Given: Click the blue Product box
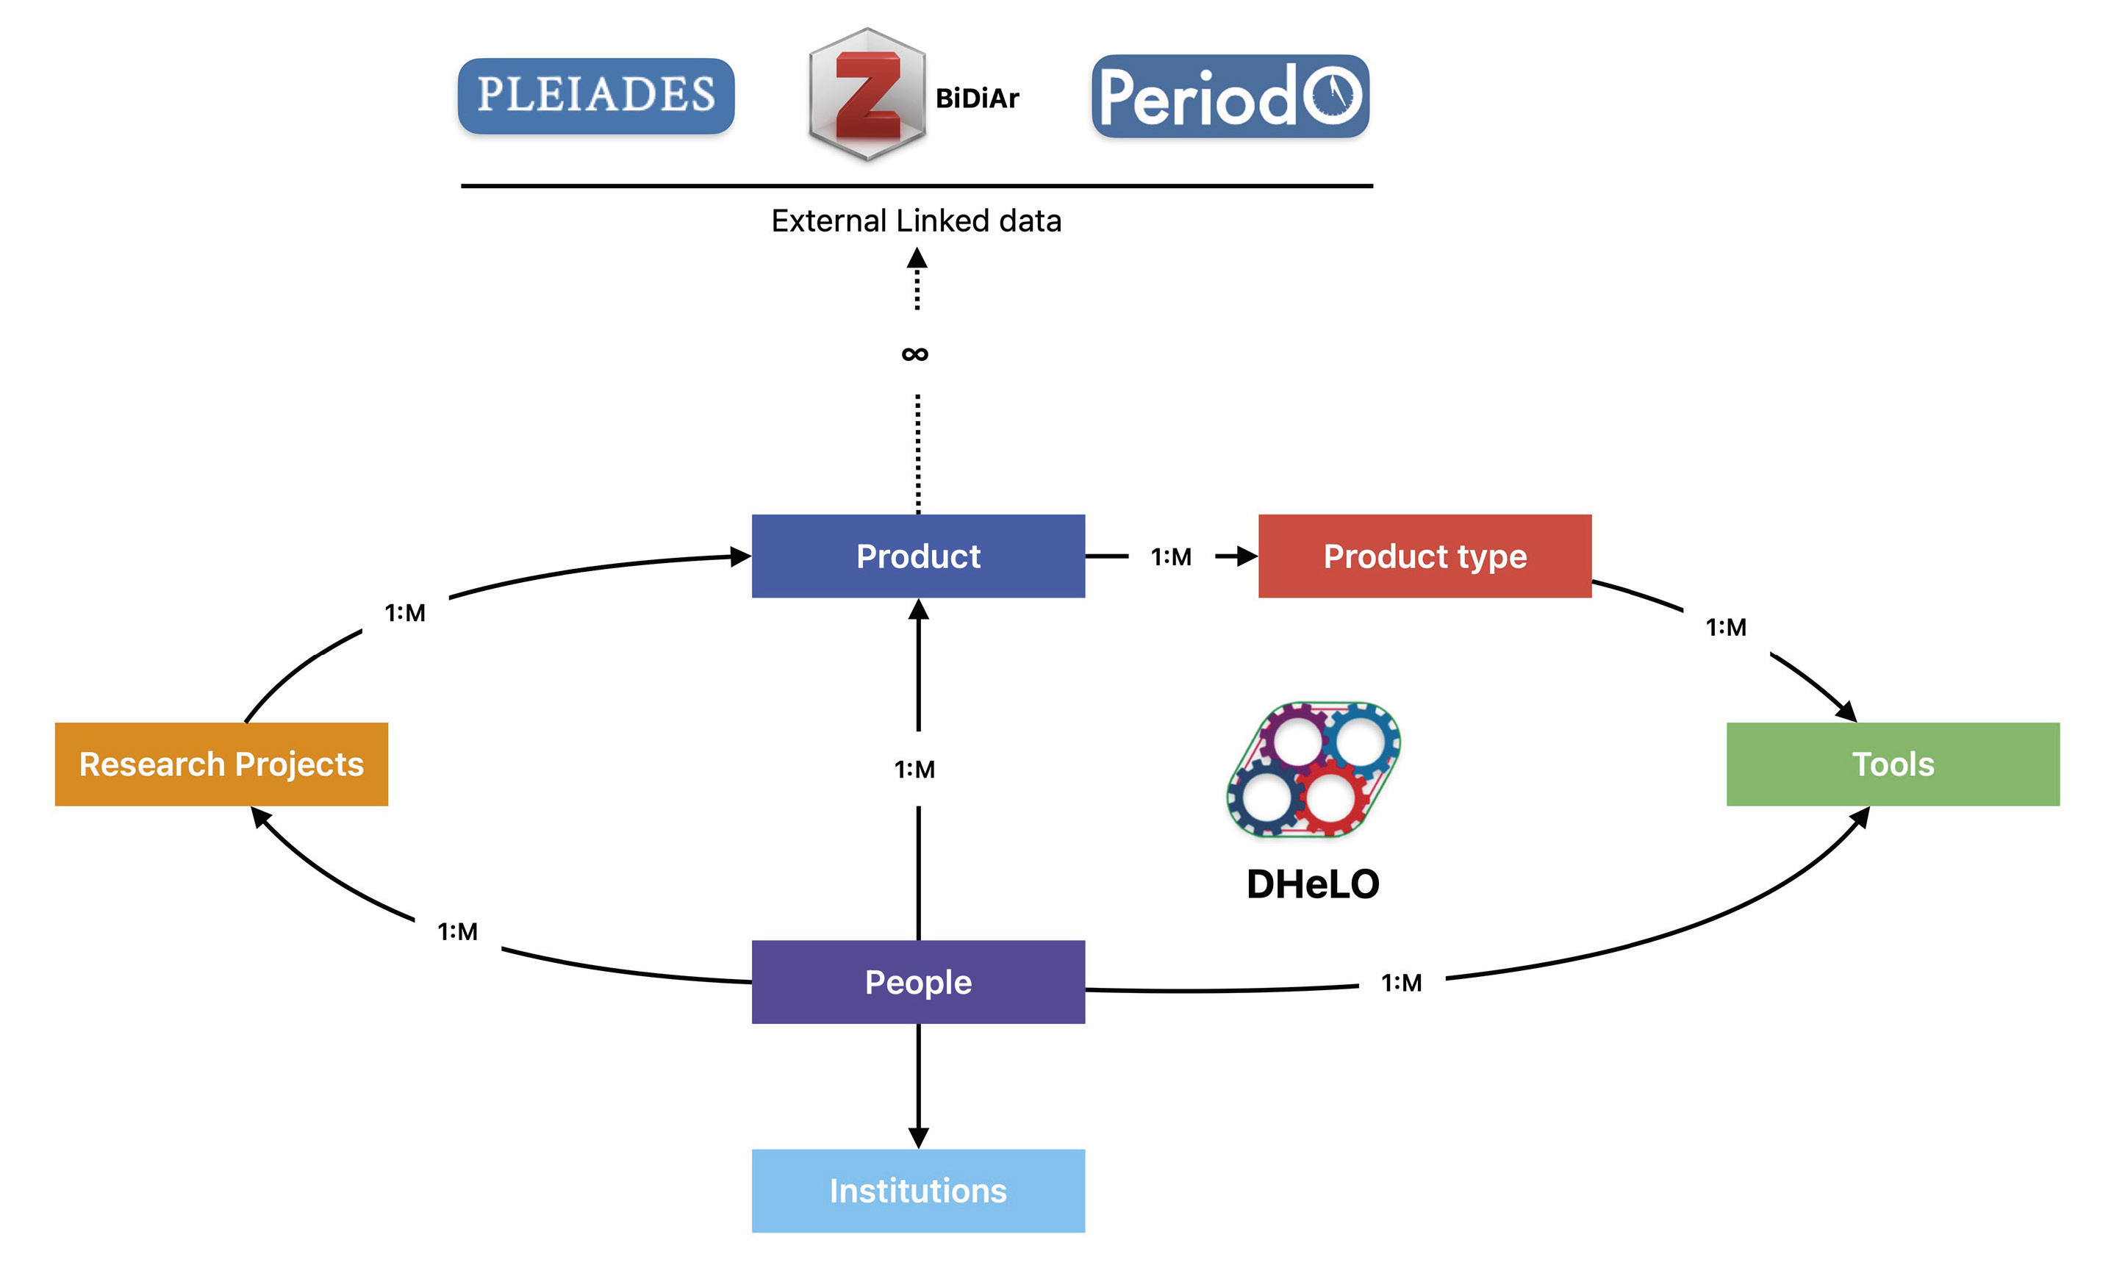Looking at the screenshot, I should point(918,556).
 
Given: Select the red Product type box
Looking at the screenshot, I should point(1425,556).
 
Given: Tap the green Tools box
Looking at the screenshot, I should point(1892,764).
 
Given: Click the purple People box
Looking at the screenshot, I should point(918,982).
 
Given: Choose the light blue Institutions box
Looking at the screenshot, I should point(918,1190).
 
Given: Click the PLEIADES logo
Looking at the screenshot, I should point(596,96).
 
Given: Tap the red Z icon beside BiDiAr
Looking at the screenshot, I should point(867,94).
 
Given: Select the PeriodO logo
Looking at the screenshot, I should point(1230,96).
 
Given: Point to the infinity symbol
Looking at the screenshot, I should point(914,354).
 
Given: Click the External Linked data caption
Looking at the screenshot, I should point(917,221).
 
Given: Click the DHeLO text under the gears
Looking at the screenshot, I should point(1313,884).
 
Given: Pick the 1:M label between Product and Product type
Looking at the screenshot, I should point(1171,556).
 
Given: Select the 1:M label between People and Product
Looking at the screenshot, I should point(914,769).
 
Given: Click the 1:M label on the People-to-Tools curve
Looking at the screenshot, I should point(1402,983).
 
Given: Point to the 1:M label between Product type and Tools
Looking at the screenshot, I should point(1726,628).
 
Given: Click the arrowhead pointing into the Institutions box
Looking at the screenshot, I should point(918,1137).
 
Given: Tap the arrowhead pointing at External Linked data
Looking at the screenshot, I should point(917,257).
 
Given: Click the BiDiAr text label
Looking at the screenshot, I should point(977,99).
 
